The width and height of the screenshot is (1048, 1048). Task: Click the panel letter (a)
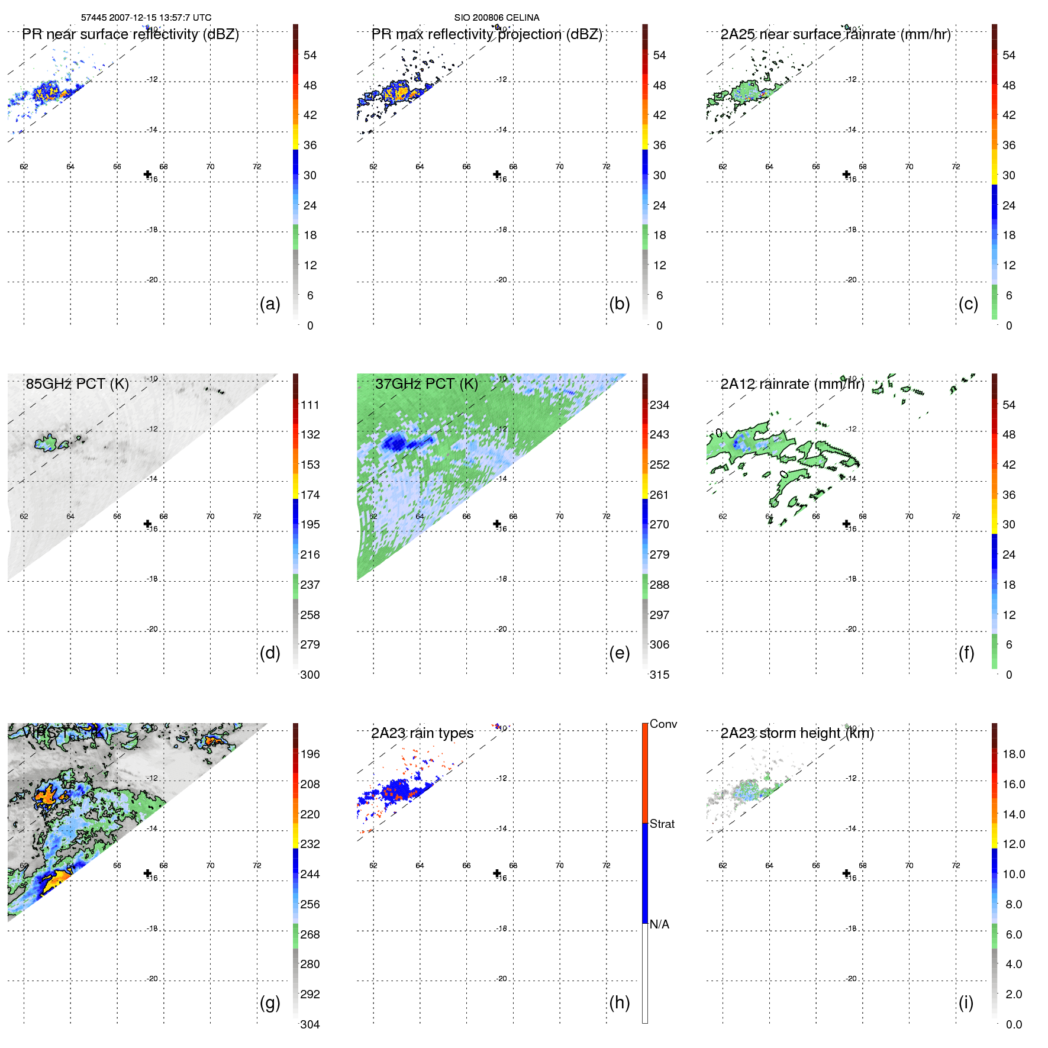click(270, 304)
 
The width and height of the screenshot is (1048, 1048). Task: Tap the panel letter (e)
click(619, 653)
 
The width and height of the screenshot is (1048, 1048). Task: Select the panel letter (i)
click(966, 1003)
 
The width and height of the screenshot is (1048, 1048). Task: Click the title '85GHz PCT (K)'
click(77, 384)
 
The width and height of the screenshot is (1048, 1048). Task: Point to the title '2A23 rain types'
click(422, 733)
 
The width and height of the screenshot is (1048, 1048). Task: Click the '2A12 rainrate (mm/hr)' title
click(792, 384)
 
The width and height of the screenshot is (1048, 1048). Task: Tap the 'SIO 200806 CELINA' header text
click(496, 18)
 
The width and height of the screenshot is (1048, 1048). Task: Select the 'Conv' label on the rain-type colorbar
click(663, 724)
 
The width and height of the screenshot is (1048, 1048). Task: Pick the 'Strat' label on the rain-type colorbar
click(662, 824)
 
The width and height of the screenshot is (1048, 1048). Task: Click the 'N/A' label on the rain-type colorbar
click(659, 924)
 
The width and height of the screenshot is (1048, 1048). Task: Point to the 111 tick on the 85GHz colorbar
click(310, 405)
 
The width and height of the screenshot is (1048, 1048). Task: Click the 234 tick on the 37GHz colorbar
click(659, 405)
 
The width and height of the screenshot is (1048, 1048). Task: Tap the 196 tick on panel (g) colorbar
click(310, 754)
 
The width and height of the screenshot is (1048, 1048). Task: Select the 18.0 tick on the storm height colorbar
click(1013, 754)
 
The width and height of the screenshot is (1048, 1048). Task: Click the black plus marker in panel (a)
click(147, 174)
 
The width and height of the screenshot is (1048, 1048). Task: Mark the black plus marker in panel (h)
click(497, 873)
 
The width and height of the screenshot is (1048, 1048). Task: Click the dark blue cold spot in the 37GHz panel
click(392, 441)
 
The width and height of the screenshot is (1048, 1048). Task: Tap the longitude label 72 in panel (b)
click(606, 167)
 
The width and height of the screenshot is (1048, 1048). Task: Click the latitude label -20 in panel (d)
click(153, 629)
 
